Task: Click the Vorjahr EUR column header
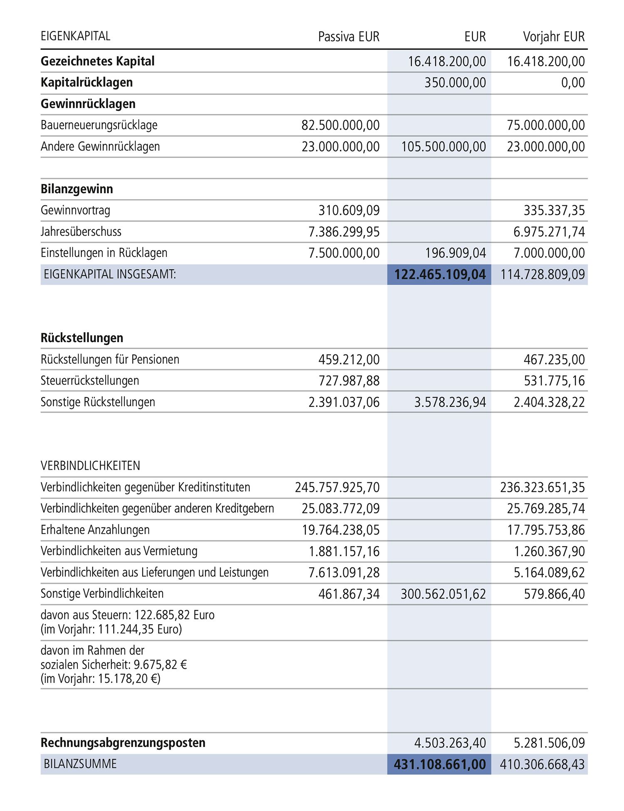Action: click(x=554, y=37)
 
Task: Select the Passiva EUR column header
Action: click(x=349, y=37)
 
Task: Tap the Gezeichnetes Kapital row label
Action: click(x=97, y=61)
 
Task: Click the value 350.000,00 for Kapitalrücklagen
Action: click(x=455, y=83)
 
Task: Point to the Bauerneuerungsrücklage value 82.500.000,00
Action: click(x=340, y=125)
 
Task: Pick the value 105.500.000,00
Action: click(x=443, y=147)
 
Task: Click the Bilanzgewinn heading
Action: click(x=77, y=189)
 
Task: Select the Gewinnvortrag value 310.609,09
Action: click(x=349, y=210)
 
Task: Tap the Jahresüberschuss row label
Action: click(x=81, y=232)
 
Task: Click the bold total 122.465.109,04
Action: click(x=440, y=275)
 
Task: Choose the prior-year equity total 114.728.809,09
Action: click(x=542, y=275)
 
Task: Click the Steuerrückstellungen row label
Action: click(x=89, y=381)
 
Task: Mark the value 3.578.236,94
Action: click(x=450, y=402)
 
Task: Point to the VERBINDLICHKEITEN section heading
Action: click(x=90, y=466)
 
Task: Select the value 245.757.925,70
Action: click(x=337, y=487)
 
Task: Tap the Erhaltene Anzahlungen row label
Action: click(x=95, y=530)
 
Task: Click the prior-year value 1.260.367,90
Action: click(x=549, y=552)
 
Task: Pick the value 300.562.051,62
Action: click(x=443, y=594)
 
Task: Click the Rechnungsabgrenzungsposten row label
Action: click(x=123, y=743)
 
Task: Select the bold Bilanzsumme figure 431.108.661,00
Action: click(x=440, y=764)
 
